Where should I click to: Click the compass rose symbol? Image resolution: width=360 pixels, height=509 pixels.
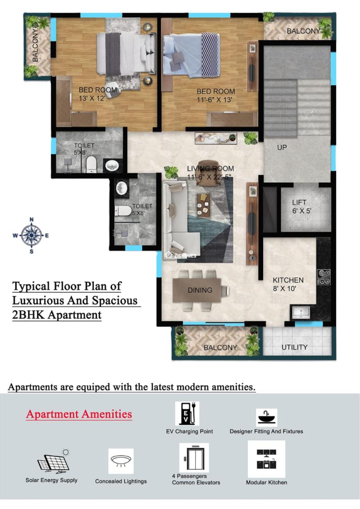click(x=31, y=235)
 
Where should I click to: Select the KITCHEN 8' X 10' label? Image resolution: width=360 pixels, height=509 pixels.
click(x=288, y=284)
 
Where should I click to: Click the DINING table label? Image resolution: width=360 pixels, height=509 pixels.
click(x=200, y=290)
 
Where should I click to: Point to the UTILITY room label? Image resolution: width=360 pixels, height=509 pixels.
click(x=294, y=347)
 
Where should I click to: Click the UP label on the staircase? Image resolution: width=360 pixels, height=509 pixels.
click(x=282, y=147)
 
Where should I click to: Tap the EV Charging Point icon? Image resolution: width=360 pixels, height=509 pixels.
click(x=187, y=413)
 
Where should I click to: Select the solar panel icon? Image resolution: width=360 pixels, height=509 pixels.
click(x=53, y=462)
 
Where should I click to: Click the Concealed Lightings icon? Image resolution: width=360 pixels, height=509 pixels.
click(x=121, y=461)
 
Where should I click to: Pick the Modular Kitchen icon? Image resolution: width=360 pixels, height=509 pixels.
click(x=266, y=459)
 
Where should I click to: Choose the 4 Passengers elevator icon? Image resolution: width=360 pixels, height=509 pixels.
click(x=194, y=458)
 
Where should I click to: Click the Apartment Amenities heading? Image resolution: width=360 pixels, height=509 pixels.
click(x=79, y=414)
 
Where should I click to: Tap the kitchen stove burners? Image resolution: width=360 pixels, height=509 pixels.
click(x=324, y=277)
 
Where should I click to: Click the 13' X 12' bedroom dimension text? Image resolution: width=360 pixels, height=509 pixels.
click(x=92, y=98)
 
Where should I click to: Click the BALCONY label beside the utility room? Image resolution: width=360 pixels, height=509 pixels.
click(x=220, y=348)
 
